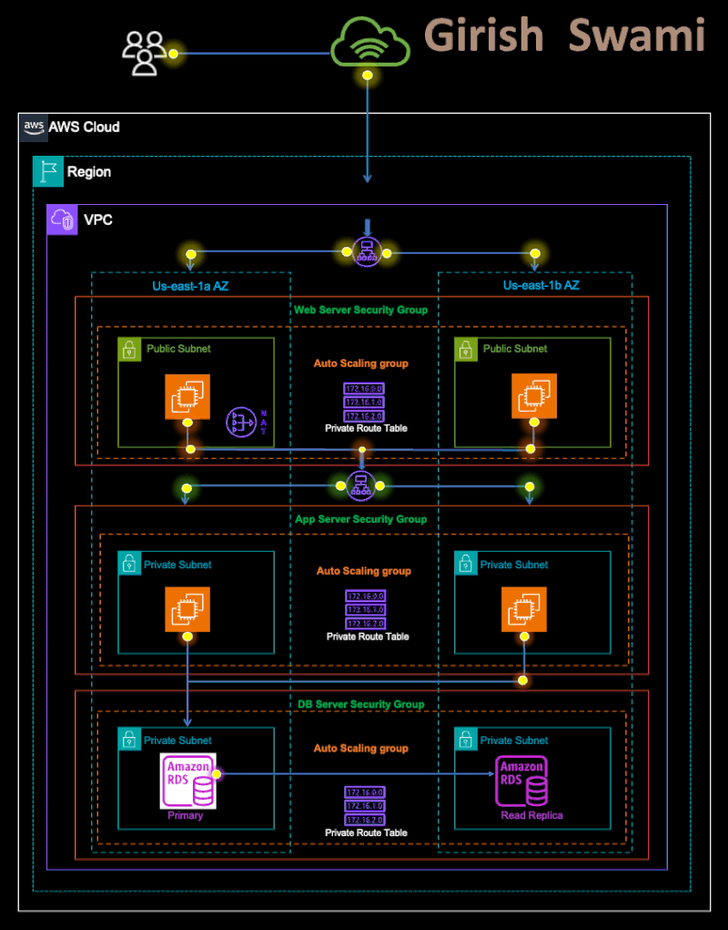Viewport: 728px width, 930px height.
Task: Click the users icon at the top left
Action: (x=144, y=53)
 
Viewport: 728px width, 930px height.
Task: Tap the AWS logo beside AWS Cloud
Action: (x=34, y=127)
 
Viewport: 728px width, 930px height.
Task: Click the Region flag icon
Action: (x=46, y=171)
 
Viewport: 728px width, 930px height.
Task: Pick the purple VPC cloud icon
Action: (x=64, y=220)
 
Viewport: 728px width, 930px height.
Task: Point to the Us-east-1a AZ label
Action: (x=189, y=286)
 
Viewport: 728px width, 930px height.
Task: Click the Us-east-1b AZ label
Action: (x=540, y=286)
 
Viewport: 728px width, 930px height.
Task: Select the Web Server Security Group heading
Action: (x=360, y=310)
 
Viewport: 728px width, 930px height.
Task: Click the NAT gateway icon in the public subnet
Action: (x=243, y=422)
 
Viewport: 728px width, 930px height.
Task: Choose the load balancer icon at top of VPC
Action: (x=367, y=252)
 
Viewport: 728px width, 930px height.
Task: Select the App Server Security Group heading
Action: (x=360, y=519)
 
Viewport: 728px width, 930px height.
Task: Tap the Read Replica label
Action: (x=531, y=815)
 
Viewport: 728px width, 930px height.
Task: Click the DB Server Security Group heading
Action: (x=360, y=704)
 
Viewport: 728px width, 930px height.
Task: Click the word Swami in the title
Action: (x=637, y=36)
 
